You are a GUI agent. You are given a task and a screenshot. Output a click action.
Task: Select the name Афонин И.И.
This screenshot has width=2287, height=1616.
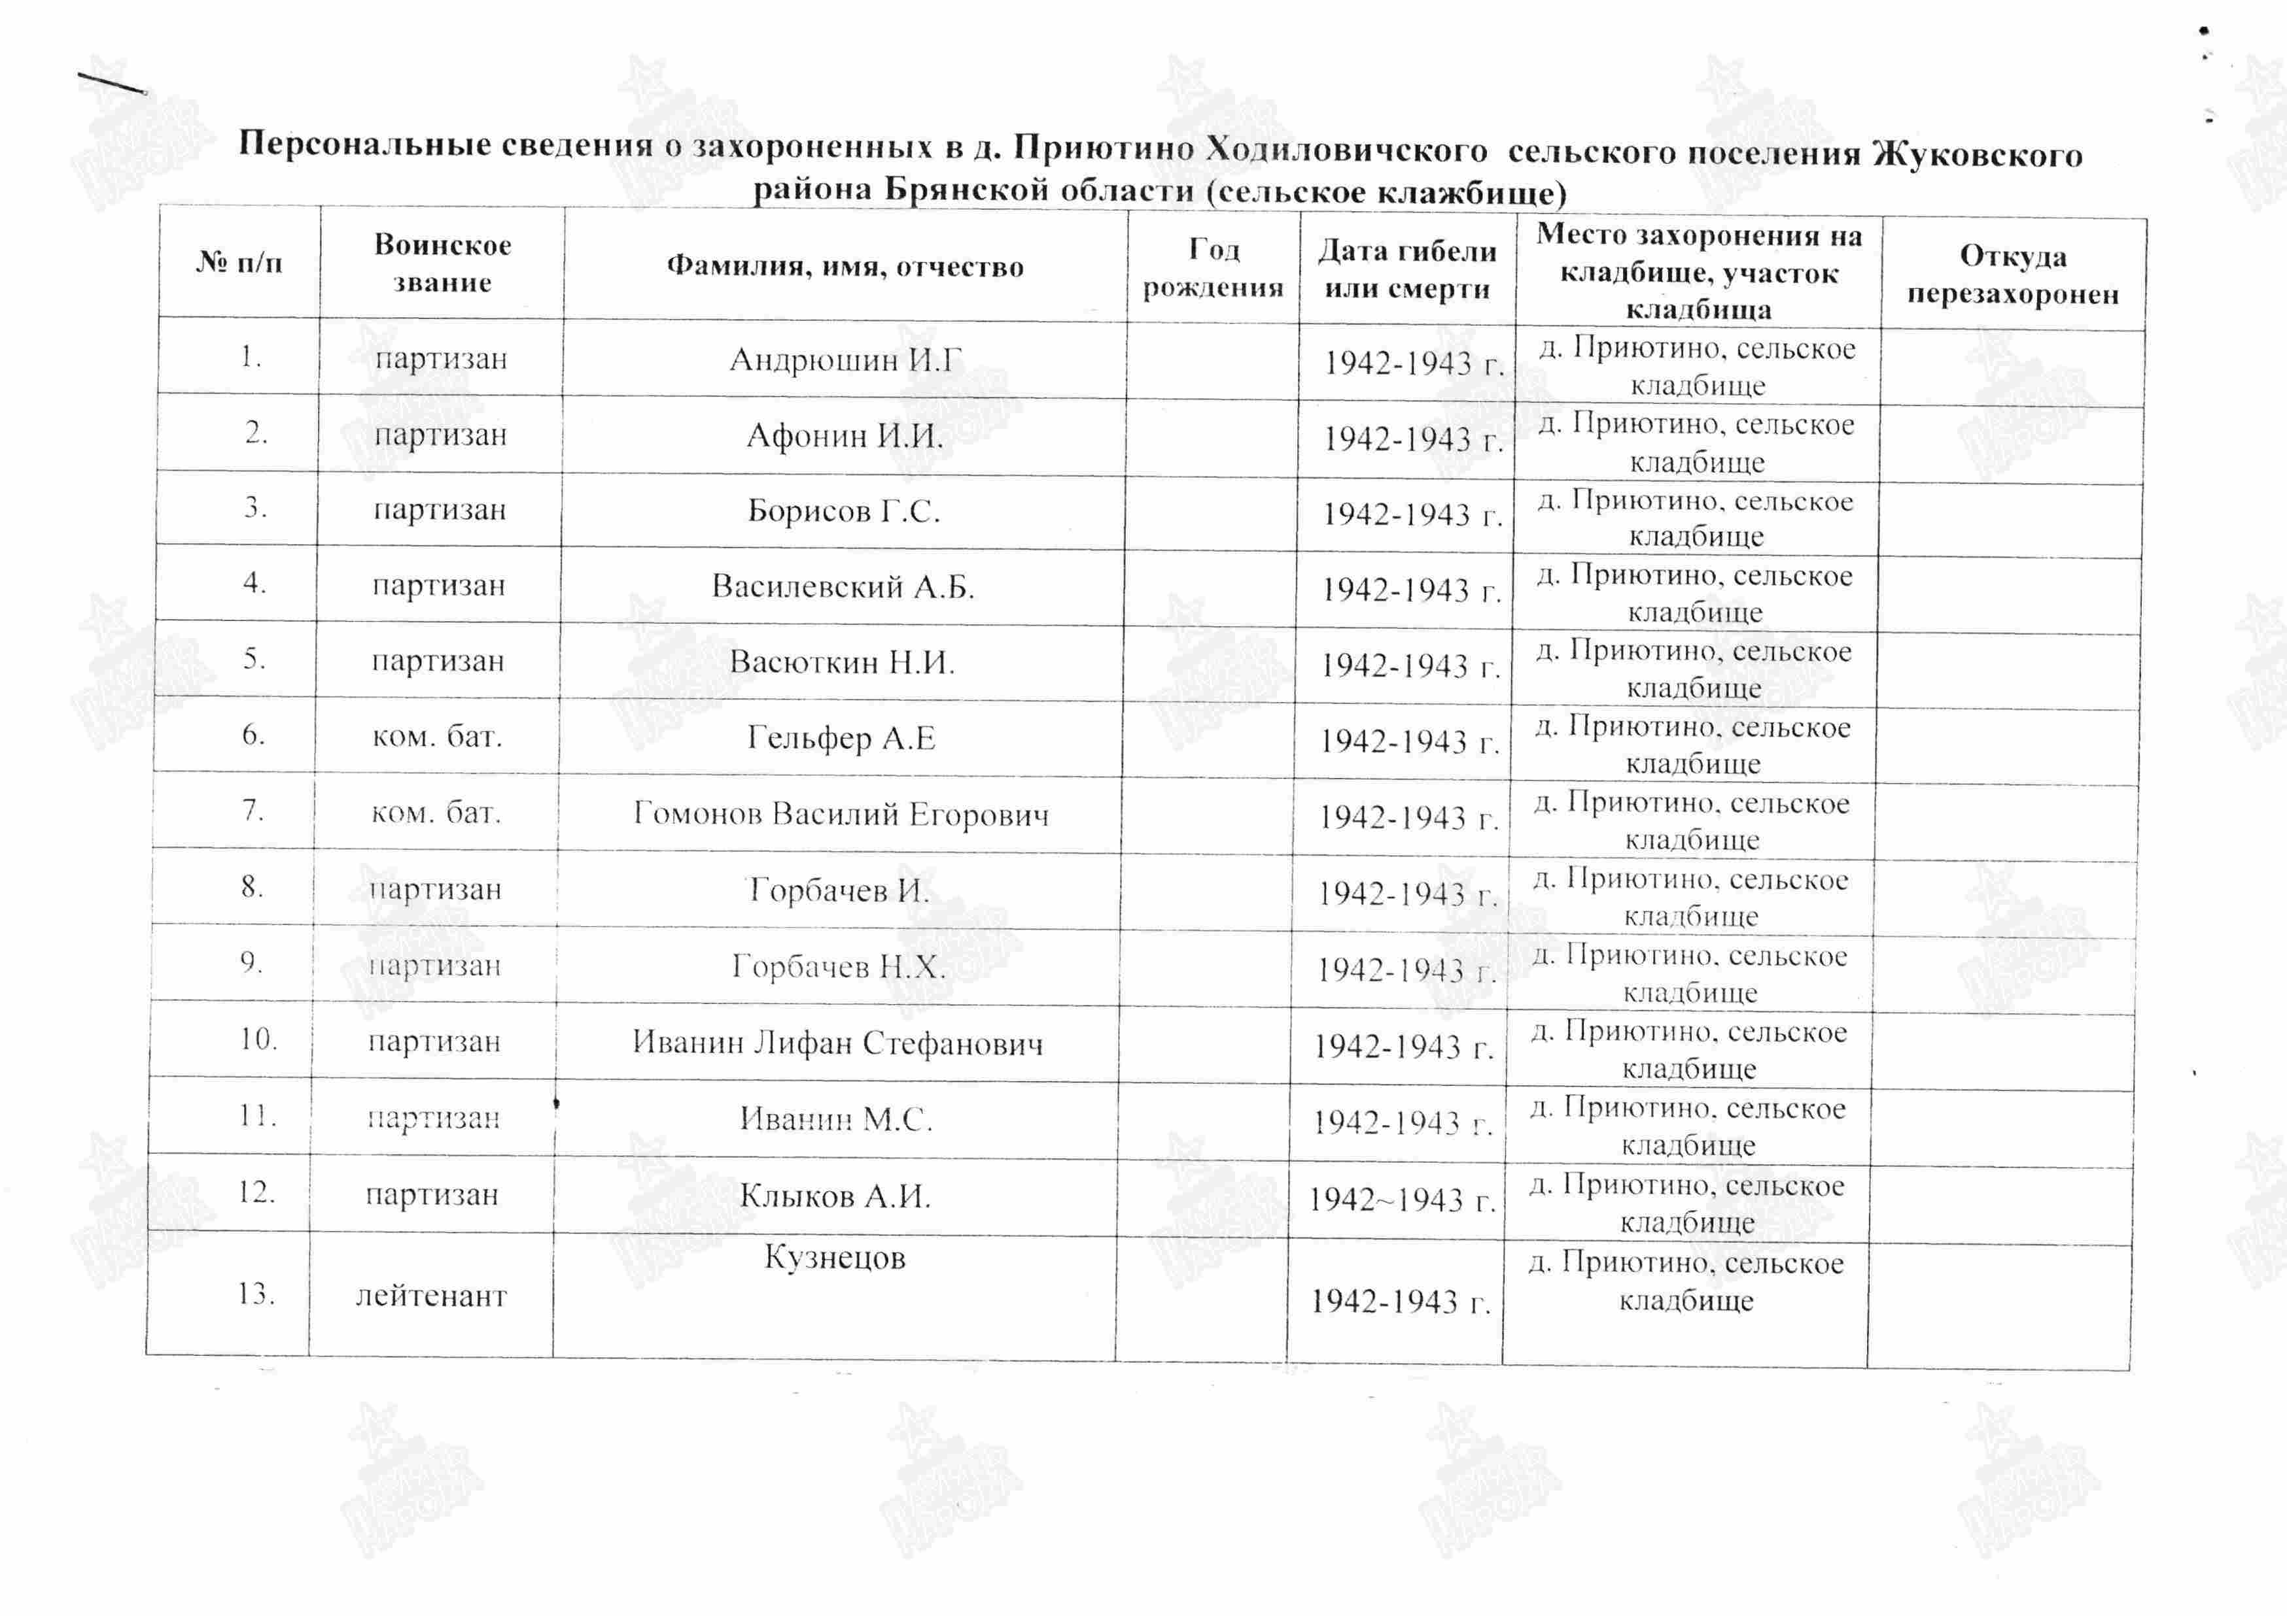pos(845,435)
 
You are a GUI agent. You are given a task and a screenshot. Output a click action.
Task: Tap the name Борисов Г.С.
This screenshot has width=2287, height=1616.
pos(844,511)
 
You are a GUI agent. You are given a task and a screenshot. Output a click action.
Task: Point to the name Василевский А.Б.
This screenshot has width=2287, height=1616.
pos(843,586)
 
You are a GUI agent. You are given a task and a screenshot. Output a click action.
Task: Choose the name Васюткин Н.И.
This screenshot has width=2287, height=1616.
pos(842,662)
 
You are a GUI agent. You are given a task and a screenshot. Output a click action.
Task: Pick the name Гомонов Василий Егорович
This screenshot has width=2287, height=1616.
pos(841,815)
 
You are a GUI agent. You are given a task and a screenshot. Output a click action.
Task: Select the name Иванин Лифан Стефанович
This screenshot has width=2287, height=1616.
pos(838,1043)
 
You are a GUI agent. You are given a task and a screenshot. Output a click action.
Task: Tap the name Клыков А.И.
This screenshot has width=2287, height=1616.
pos(835,1195)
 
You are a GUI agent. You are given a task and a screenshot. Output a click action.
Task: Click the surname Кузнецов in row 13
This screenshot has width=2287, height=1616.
pos(835,1258)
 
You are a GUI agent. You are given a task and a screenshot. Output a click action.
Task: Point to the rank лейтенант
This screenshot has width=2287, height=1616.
pos(431,1296)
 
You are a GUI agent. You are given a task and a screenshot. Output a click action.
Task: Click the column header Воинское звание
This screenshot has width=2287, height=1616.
pos(442,264)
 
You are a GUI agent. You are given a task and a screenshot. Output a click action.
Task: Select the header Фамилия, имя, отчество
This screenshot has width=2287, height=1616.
pos(845,266)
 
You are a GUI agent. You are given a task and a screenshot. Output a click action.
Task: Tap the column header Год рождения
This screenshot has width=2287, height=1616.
pos(1213,268)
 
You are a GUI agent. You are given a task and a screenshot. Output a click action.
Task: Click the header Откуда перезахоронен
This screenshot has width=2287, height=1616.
pos(2012,275)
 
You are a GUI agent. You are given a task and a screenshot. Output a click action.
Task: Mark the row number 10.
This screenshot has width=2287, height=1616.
pos(257,1039)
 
